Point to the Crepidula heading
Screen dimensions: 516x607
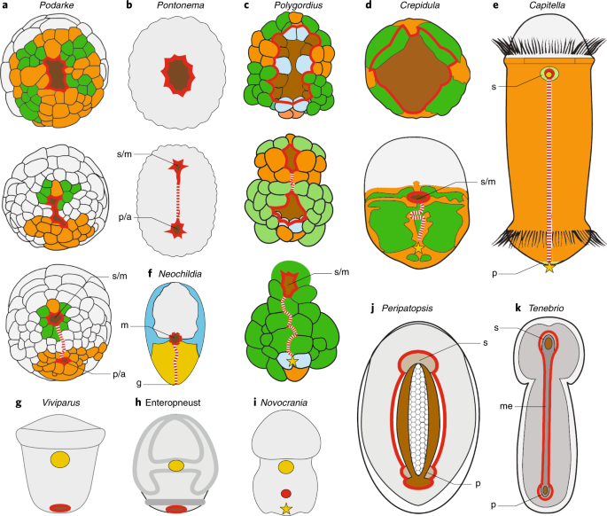tap(419, 8)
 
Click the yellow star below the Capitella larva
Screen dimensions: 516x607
tap(549, 266)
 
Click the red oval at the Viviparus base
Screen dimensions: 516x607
tap(60, 507)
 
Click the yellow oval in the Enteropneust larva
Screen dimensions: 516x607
tap(176, 465)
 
